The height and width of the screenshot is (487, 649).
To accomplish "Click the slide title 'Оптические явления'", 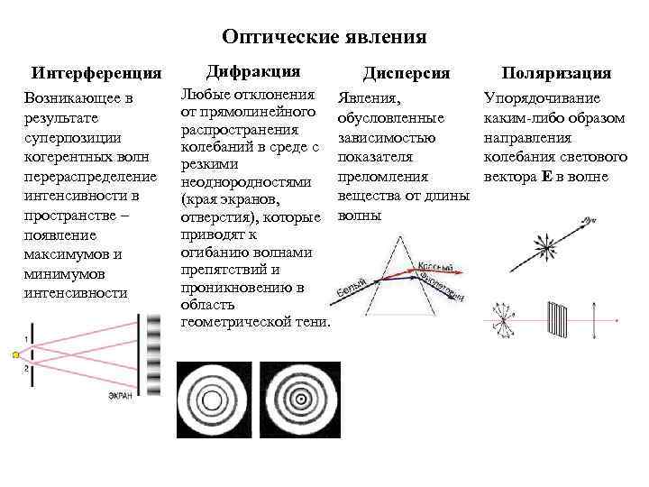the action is pos(324,37).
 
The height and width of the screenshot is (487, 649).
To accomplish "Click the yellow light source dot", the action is pos(15,355).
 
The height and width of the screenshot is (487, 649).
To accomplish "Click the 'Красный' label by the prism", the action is pos(435,266).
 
